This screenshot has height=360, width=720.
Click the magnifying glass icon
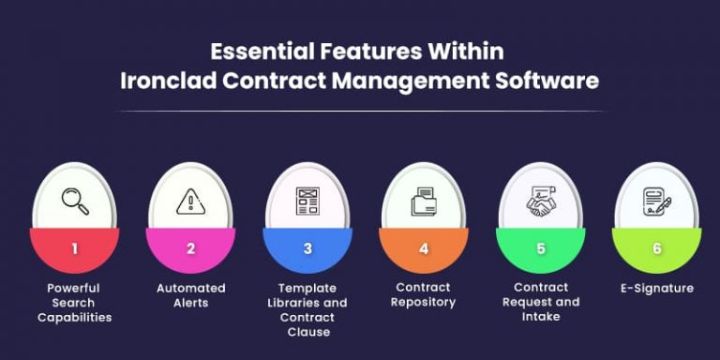(74, 202)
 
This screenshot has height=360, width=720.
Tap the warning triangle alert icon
(190, 202)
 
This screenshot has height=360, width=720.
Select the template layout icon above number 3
(307, 202)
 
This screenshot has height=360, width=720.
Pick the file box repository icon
(424, 202)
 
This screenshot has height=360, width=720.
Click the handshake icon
(540, 202)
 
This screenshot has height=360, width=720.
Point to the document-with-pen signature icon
(656, 202)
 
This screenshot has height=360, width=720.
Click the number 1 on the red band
(74, 248)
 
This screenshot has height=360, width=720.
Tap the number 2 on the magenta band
(190, 248)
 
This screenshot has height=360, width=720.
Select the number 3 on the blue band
(307, 248)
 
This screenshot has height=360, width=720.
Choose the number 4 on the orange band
(424, 248)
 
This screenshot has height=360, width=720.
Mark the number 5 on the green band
(540, 248)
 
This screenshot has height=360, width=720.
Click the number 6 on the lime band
(656, 248)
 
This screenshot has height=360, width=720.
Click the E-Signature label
(656, 288)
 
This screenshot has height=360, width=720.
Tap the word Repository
(424, 302)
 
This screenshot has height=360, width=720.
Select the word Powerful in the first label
(74, 288)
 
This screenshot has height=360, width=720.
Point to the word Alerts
(190, 302)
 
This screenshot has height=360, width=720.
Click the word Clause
(307, 331)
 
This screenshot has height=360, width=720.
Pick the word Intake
(540, 316)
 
